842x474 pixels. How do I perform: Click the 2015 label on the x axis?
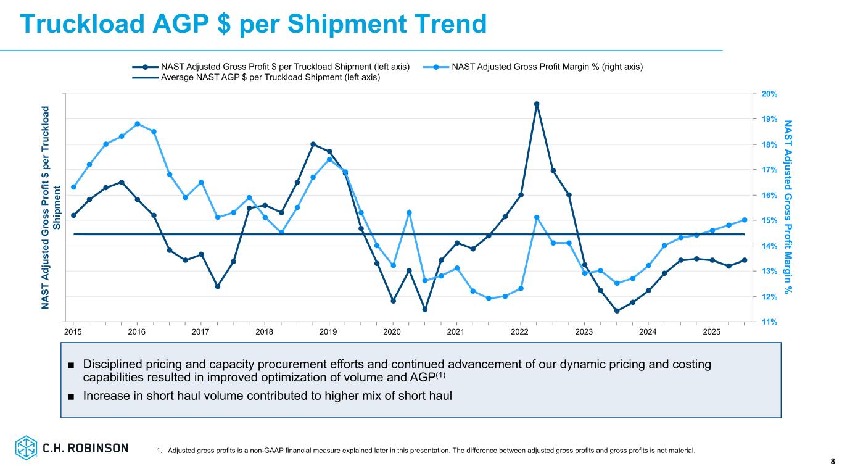73,332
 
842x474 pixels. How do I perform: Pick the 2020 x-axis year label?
392,332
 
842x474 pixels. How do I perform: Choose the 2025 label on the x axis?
711,332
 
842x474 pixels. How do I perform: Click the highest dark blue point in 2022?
537,104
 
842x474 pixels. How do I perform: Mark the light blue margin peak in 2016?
138,123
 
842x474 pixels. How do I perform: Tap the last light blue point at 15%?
745,220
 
